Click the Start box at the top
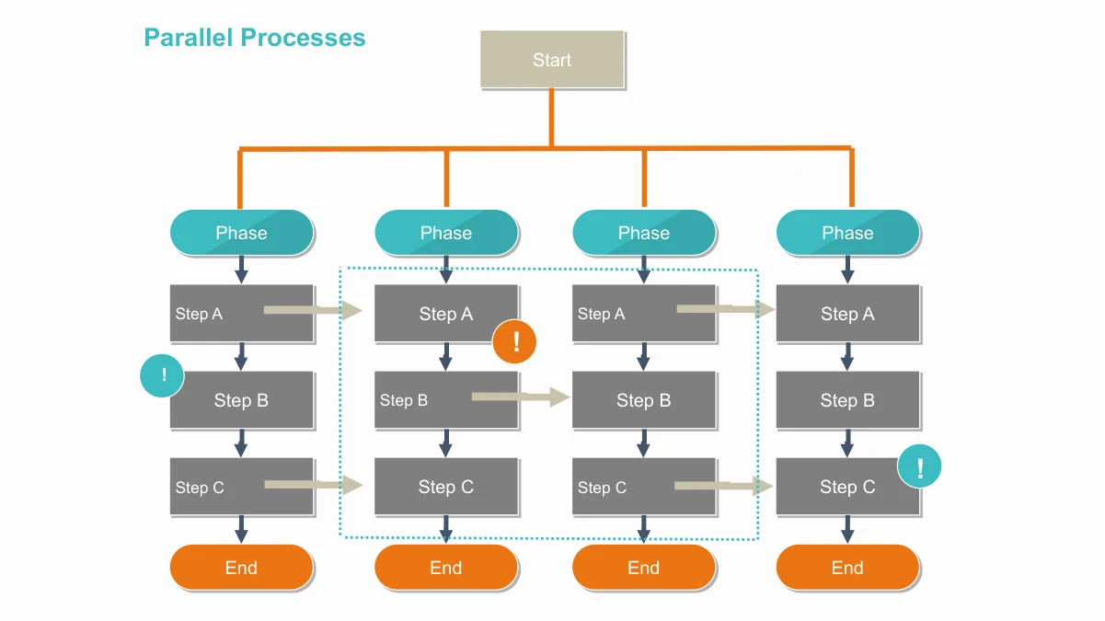[552, 59]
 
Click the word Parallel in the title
[189, 38]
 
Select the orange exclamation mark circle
[514, 341]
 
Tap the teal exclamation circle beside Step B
[162, 375]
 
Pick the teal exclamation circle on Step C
[919, 466]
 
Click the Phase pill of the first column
[241, 233]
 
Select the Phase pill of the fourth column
[847, 233]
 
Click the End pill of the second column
[446, 568]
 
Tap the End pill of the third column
[644, 568]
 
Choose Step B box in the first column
[241, 400]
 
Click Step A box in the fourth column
[847, 313]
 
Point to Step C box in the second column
[446, 487]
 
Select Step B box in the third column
[644, 400]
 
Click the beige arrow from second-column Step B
[521, 397]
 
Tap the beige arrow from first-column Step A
[313, 310]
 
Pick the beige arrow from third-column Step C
[724, 486]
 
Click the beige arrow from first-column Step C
[314, 485]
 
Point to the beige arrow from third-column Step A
[726, 309]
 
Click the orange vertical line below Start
[551, 118]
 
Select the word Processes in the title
[304, 38]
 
